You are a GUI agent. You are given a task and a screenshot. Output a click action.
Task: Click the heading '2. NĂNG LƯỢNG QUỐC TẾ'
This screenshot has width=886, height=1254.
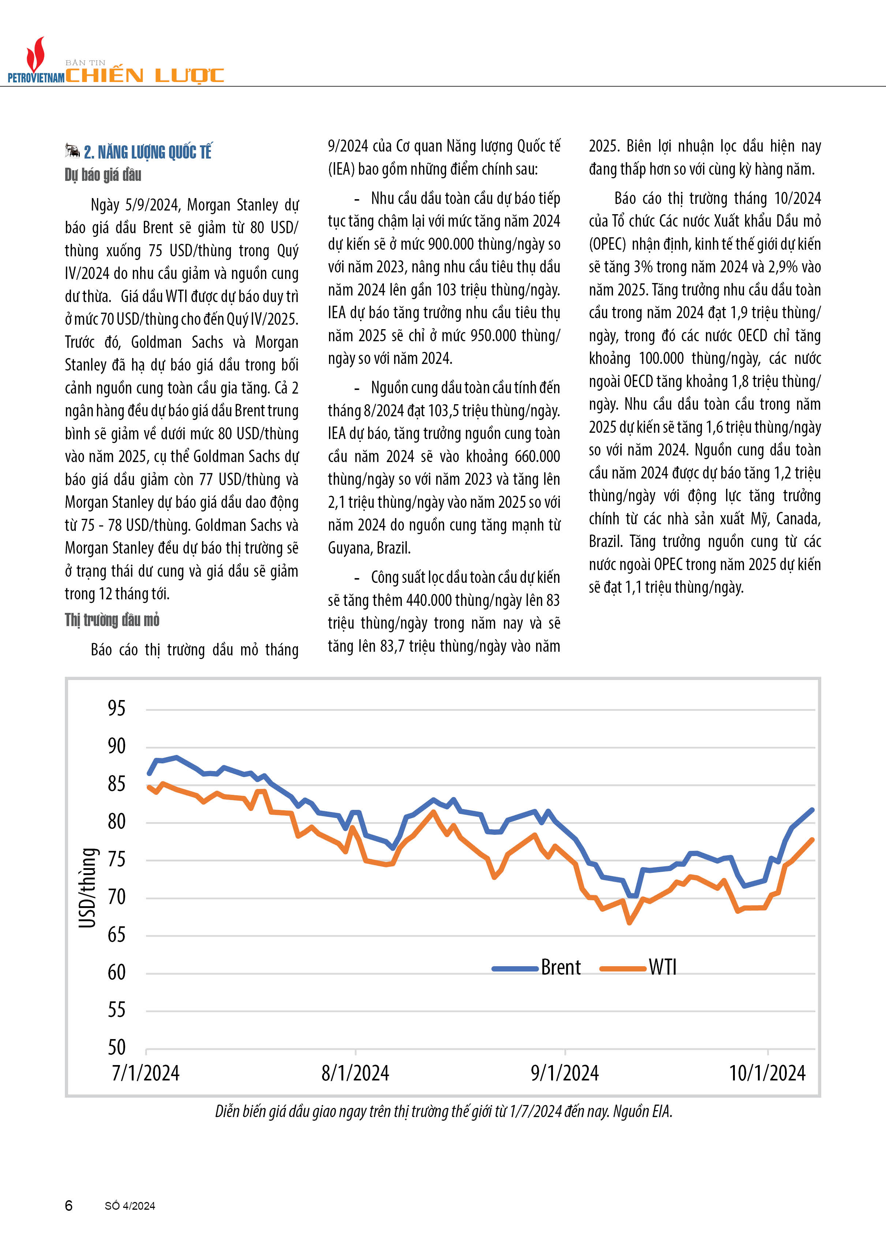(147, 152)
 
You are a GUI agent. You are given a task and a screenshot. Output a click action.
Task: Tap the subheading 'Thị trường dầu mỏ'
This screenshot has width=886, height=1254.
(112, 620)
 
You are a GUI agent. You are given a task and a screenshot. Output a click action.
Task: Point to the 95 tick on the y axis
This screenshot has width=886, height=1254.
(116, 709)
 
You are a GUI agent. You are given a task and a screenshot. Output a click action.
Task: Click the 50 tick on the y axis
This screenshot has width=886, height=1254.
(116, 1048)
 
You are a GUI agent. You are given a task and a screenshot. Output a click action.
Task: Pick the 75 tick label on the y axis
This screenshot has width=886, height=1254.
(116, 859)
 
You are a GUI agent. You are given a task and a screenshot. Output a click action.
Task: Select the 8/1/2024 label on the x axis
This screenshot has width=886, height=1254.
(355, 1073)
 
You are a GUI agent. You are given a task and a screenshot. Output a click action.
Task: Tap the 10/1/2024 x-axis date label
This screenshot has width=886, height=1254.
(767, 1073)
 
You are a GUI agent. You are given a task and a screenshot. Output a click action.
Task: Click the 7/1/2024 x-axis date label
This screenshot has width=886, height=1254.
(146, 1073)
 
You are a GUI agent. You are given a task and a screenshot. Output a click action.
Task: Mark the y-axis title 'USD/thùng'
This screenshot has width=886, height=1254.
(87, 888)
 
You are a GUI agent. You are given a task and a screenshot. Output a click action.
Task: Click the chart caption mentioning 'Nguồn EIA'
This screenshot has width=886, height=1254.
(443, 1112)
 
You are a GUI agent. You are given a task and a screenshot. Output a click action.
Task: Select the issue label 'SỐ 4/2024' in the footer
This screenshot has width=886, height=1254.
(130, 1206)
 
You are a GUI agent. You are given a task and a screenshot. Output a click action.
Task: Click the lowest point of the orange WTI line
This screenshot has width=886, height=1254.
(629, 923)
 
